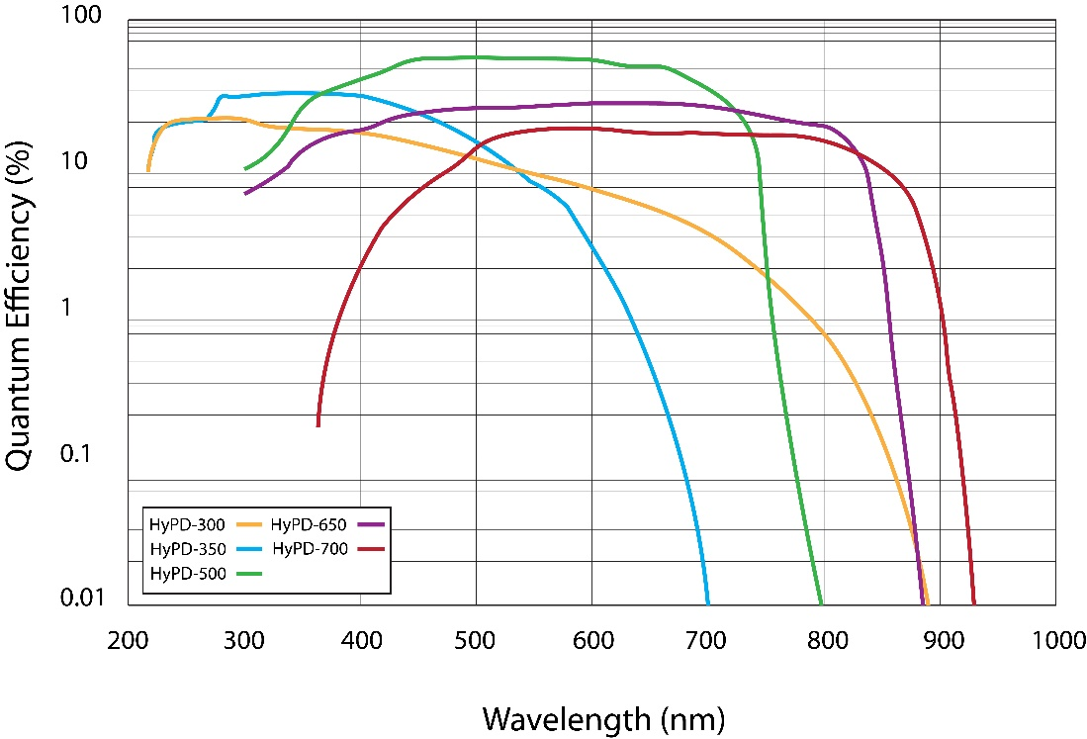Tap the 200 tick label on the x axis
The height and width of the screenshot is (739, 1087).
pyautogui.click(x=129, y=640)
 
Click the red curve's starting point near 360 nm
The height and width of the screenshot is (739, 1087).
pyautogui.click(x=318, y=424)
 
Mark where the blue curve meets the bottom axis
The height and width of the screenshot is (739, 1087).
pyautogui.click(x=707, y=602)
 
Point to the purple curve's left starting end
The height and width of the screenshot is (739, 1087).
pyautogui.click(x=246, y=192)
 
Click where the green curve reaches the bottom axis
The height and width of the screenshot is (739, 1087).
pyautogui.click(x=821, y=602)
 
